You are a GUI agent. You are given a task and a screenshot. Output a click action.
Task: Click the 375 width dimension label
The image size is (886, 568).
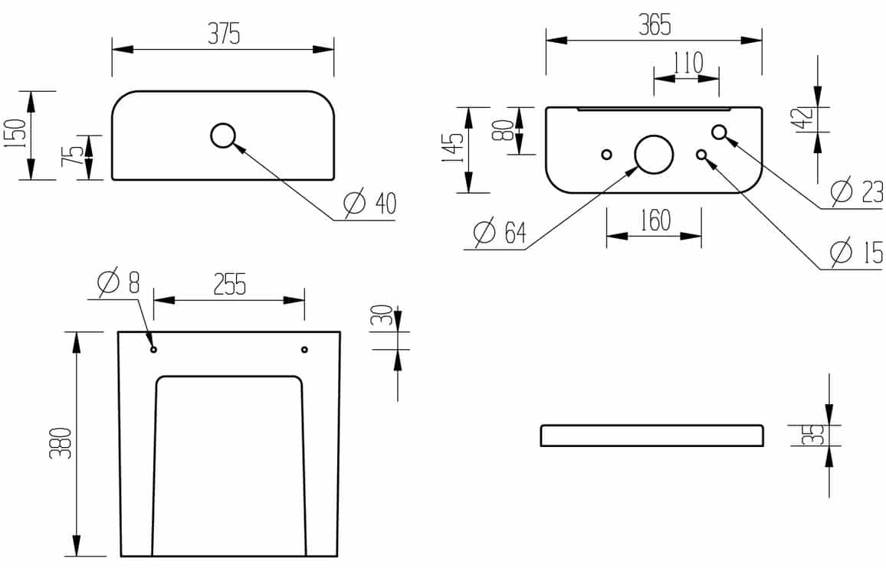point(225,34)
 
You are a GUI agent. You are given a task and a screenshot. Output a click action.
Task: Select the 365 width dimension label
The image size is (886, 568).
point(655,24)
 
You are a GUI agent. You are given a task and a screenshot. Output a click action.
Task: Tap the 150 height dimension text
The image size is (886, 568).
point(16,133)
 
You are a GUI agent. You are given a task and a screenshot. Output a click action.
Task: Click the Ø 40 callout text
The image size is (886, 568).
point(371,204)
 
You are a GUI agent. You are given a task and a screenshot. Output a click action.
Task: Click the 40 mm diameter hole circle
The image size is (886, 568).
point(222,135)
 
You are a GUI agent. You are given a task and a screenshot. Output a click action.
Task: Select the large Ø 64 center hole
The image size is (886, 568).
point(654,154)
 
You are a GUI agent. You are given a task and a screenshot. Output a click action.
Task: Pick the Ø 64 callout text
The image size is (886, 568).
point(500,232)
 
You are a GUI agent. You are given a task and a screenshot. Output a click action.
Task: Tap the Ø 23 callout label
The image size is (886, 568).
point(857,191)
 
